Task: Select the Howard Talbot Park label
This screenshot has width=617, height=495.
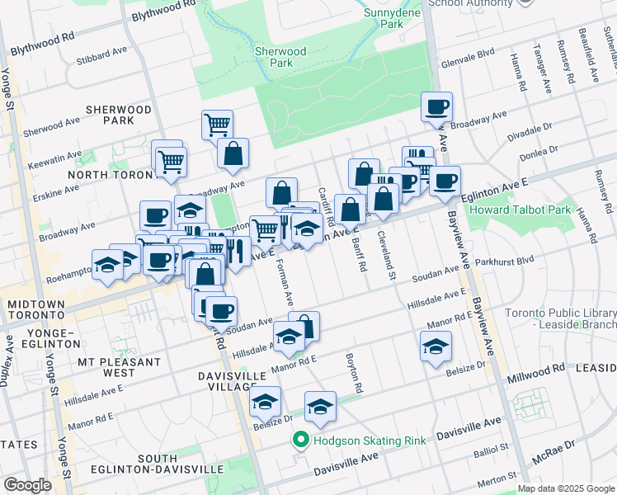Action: (520, 210)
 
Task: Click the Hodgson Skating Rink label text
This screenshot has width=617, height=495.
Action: (370, 441)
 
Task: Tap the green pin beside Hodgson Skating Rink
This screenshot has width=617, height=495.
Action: (302, 441)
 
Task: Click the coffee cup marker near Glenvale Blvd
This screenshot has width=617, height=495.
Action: (436, 107)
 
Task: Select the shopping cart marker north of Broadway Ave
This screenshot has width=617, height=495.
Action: (217, 125)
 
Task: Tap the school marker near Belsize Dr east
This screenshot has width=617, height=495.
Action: (436, 347)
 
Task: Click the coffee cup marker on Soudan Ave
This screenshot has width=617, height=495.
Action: (221, 311)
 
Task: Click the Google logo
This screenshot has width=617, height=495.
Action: (27, 485)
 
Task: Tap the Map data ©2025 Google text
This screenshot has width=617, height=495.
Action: (565, 488)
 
